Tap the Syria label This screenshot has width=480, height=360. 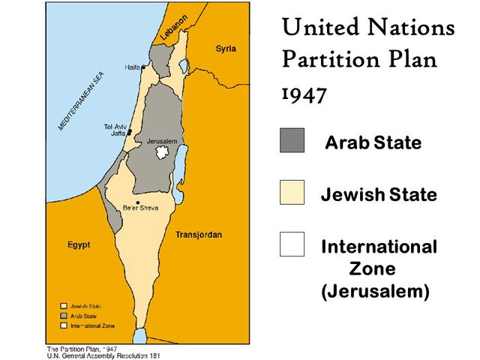(x=226, y=49)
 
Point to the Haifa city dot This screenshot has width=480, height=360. (x=143, y=67)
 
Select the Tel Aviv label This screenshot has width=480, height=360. (x=115, y=127)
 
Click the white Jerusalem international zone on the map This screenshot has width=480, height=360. (x=159, y=153)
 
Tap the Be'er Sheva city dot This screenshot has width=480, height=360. (x=138, y=202)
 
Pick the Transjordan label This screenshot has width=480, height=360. (x=198, y=235)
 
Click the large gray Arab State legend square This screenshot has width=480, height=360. (x=292, y=140)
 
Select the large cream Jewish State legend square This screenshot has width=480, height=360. (x=292, y=193)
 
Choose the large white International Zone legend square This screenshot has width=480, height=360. (x=292, y=244)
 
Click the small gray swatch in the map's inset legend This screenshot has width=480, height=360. (x=64, y=316)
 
